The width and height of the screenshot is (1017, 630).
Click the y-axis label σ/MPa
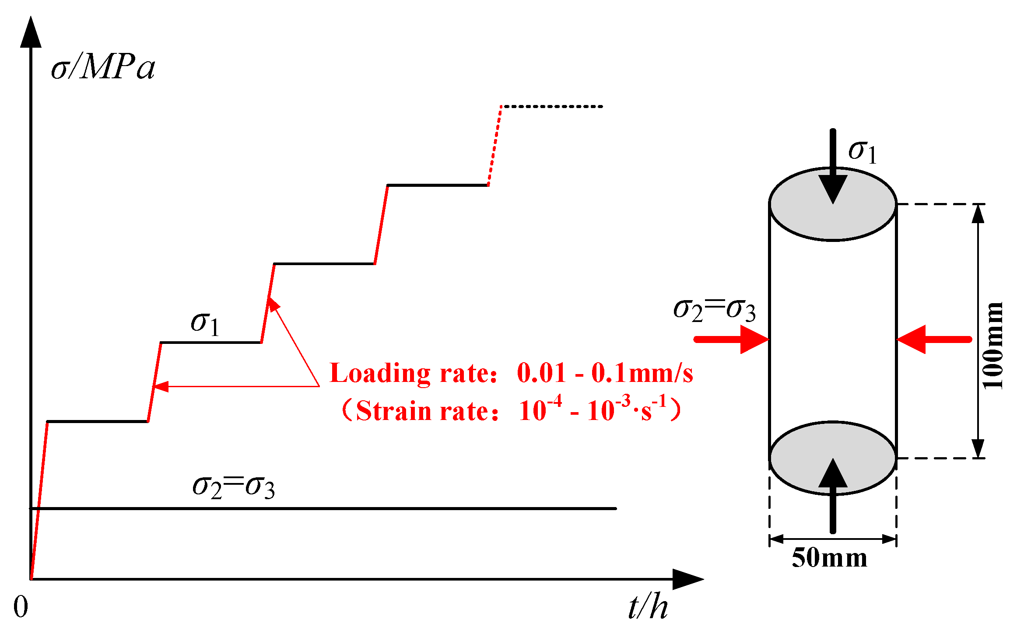(103, 68)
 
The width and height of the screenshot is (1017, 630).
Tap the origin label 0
(21, 607)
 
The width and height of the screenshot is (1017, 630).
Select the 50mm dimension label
(829, 558)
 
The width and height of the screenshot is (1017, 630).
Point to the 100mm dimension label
(992, 346)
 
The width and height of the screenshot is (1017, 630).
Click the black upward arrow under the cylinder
(833, 494)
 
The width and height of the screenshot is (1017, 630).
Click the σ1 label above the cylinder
(863, 151)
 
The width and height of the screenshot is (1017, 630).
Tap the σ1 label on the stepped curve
(205, 324)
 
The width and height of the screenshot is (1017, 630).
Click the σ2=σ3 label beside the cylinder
(714, 309)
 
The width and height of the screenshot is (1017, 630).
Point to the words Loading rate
(409, 373)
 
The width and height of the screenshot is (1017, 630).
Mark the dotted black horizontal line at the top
(551, 106)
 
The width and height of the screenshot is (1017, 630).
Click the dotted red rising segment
(494, 146)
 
